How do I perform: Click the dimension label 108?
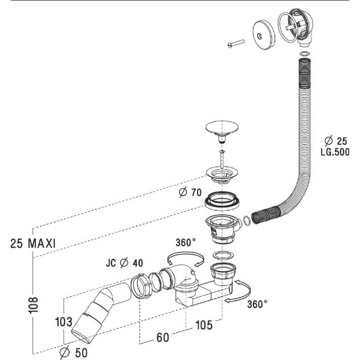[x=33, y=305]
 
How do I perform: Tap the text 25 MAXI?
[x=33, y=243]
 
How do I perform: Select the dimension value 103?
[x=64, y=322]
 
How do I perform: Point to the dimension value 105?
[x=204, y=325]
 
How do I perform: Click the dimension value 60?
[x=163, y=337]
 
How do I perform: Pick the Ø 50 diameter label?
[x=73, y=352]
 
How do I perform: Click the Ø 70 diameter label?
[x=190, y=192]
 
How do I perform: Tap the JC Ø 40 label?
[x=124, y=263]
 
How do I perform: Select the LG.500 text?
[x=335, y=152]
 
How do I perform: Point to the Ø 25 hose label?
[x=336, y=141]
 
